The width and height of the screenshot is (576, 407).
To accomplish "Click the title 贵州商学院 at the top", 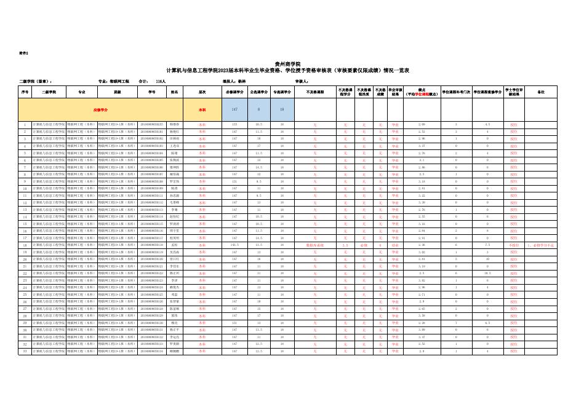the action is [x=287, y=64].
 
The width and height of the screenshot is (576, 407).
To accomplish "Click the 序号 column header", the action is [x=25, y=92].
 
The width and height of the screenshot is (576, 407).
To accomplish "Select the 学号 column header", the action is [x=152, y=92].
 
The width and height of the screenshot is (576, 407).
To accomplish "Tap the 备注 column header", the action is [x=541, y=92].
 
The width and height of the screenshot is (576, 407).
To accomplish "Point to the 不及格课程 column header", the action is [x=314, y=92].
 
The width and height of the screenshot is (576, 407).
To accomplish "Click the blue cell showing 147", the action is [x=234, y=109].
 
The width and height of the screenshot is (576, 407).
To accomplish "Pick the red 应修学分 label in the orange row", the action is [x=100, y=109].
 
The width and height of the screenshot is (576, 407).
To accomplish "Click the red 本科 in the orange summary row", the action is [x=202, y=109].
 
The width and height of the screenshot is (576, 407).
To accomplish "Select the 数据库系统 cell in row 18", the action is [x=314, y=245].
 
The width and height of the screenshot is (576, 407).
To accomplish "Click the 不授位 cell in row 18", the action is [x=514, y=245].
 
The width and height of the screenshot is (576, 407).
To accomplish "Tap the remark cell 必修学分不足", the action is [x=541, y=245].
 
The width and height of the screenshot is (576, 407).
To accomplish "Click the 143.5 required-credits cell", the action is [x=234, y=245].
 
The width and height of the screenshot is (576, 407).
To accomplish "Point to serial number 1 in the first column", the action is [x=25, y=124].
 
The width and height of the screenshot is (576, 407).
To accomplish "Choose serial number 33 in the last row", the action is [x=25, y=351].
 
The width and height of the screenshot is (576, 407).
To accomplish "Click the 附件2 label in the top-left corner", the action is [x=24, y=53].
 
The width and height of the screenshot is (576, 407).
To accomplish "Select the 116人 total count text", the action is [x=161, y=81].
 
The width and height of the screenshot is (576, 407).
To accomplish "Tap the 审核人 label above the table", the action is [x=302, y=81].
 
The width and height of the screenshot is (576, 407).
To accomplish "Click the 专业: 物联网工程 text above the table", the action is [x=114, y=81].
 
